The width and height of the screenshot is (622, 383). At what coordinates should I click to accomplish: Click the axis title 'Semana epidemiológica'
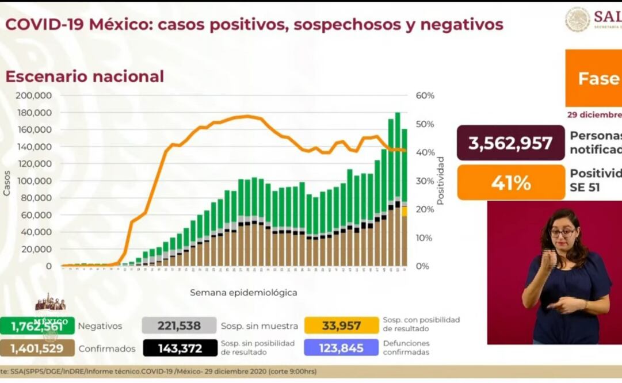pos(243,293)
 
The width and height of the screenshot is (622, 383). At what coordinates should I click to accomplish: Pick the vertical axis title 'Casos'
pos(7,182)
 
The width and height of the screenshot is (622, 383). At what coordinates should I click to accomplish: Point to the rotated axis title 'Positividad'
pos(441,181)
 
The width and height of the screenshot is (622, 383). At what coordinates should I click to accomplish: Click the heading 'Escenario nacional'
pos(85,76)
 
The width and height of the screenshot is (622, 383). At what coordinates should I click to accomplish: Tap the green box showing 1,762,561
pos(37,326)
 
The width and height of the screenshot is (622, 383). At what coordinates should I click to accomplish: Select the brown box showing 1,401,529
pos(37,348)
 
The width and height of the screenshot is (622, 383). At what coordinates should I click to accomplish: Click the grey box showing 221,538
pos(179,326)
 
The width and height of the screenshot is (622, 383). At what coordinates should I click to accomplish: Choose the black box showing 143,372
pos(179,348)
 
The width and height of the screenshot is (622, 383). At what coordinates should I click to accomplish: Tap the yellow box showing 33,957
pos(342,326)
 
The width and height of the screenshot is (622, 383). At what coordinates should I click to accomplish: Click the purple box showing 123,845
pos(342,348)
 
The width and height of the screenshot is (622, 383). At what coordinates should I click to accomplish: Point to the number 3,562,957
pos(511,143)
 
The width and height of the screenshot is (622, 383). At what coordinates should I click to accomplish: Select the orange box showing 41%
pos(511,183)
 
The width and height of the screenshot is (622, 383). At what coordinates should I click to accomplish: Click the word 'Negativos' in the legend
pos(100,326)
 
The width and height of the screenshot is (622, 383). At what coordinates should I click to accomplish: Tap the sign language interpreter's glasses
pos(562,233)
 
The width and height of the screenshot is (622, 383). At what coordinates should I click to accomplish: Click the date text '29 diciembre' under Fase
pos(593,114)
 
